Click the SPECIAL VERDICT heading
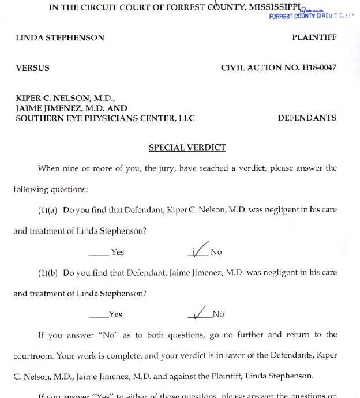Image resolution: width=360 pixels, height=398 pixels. point(187,148)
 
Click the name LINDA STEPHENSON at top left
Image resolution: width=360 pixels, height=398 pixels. point(60,37)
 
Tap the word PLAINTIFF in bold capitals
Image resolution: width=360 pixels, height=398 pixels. point(314,37)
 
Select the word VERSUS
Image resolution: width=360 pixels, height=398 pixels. point(32,67)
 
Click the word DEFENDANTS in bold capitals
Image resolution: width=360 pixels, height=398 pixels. point(307,118)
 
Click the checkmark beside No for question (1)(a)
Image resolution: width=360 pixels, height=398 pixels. point(200,249)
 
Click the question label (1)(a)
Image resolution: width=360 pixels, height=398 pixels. point(47,210)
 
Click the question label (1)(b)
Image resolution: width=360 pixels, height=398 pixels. point(47,272)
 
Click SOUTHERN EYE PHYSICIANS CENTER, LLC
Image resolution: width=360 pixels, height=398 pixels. point(105,118)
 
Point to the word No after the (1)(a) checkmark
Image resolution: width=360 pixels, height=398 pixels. point(216,252)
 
